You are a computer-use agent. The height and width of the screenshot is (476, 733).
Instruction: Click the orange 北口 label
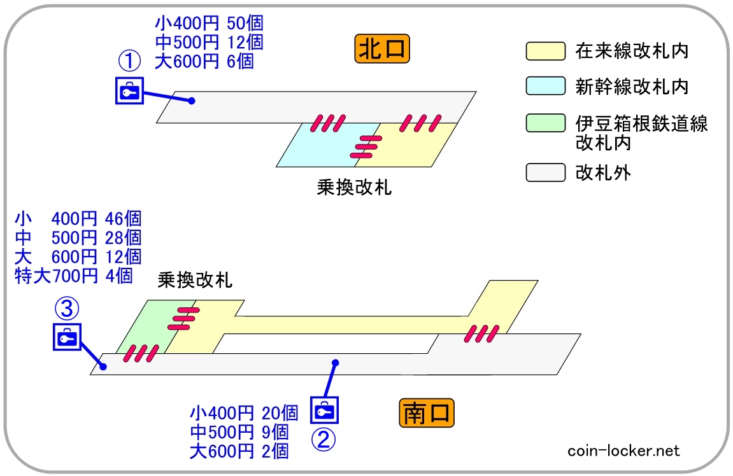point(381,49)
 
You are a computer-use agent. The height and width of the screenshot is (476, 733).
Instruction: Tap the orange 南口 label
point(427,414)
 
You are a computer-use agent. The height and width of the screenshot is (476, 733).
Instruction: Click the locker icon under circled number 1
point(130,90)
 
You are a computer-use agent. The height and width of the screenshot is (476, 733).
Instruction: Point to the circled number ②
point(324,438)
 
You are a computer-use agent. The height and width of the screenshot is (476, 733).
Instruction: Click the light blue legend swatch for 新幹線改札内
point(545,86)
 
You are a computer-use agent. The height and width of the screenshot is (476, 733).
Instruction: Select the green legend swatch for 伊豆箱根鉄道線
point(545,123)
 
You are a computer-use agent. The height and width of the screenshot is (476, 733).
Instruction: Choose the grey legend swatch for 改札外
point(545,172)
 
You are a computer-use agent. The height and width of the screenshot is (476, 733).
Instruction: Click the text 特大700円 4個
point(73,276)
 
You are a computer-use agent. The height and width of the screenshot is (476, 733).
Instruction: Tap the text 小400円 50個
point(209,24)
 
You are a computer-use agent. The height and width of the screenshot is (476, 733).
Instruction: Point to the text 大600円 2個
point(239,451)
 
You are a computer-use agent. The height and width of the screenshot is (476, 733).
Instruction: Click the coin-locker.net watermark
point(623,451)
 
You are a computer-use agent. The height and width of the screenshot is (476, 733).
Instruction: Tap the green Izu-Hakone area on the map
point(146,328)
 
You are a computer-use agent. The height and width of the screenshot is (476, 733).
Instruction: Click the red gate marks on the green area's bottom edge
point(140,353)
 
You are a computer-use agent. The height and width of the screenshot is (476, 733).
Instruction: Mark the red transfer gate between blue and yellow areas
point(366,147)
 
